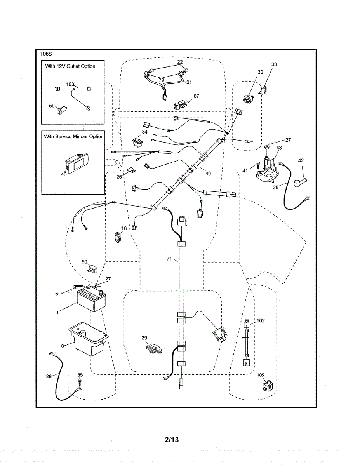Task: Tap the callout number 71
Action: click(x=169, y=258)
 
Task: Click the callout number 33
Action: click(x=274, y=64)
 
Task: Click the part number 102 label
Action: click(x=261, y=321)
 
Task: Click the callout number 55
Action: click(x=80, y=375)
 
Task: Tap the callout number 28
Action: click(x=49, y=376)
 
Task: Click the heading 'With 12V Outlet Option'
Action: click(x=70, y=66)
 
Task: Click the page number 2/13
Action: click(x=171, y=440)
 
